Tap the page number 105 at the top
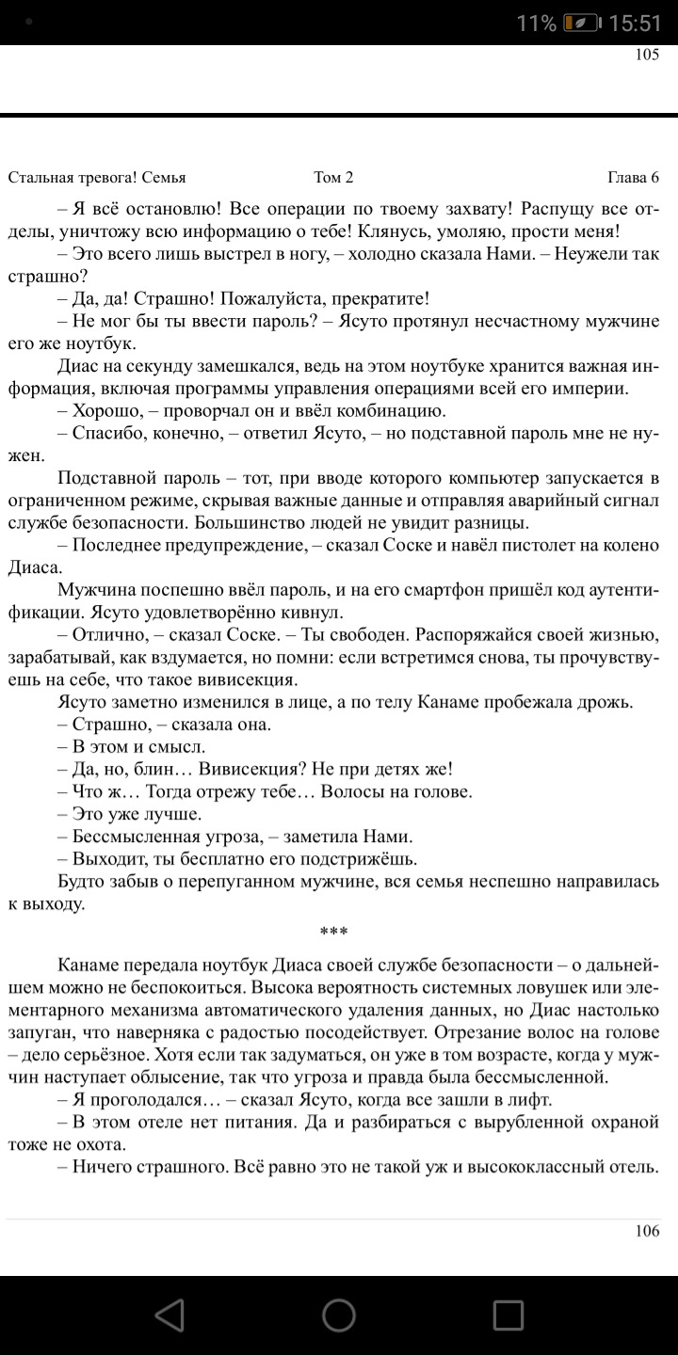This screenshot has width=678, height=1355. click(x=647, y=55)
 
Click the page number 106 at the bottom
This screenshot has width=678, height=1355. click(x=647, y=1231)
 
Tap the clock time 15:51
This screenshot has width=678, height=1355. click(x=636, y=24)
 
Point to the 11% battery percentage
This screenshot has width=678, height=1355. click(x=536, y=24)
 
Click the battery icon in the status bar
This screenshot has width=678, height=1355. click(x=580, y=24)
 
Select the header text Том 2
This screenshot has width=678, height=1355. click(x=333, y=177)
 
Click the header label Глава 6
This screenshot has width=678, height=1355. click(x=633, y=177)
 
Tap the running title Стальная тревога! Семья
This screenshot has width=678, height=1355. click(x=97, y=177)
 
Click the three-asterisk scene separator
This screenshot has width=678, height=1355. click(x=333, y=933)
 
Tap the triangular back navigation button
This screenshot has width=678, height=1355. click(x=169, y=1315)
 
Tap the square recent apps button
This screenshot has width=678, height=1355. click(x=508, y=1315)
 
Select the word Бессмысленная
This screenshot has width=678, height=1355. click(x=137, y=836)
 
